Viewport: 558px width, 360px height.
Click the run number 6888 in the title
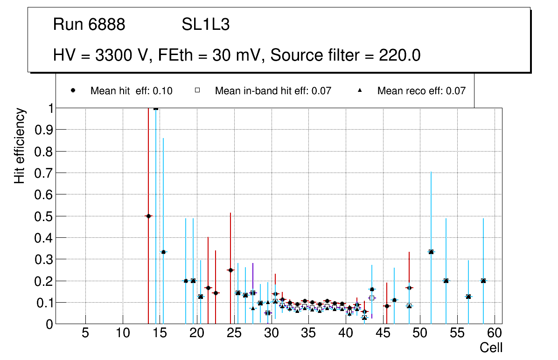point(107,25)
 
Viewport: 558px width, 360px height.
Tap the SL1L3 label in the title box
point(205,25)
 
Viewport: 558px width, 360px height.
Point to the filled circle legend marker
point(73,90)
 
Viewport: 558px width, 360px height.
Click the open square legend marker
point(197,90)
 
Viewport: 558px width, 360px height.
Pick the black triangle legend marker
point(360,90)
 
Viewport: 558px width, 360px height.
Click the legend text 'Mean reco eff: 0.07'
point(421,91)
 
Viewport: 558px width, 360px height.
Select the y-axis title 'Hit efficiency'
point(19,145)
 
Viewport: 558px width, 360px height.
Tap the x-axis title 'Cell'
point(491,347)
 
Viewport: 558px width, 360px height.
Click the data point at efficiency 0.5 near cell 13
point(148,216)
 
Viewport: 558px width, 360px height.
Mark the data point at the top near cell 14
point(156,108)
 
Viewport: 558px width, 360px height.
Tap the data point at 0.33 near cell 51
point(431,252)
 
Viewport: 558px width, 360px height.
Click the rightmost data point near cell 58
point(483,281)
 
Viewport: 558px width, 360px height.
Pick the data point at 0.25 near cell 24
point(230,270)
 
